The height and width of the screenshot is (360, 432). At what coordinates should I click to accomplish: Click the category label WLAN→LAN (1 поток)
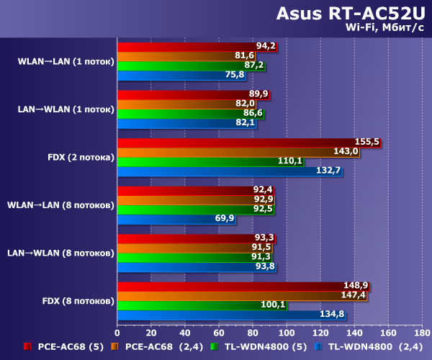pyautogui.click(x=66, y=61)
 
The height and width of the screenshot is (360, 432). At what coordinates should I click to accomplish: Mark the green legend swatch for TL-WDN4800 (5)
pyautogui.click(x=214, y=346)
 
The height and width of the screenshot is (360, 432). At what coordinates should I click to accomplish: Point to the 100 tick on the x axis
pyautogui.click(x=287, y=333)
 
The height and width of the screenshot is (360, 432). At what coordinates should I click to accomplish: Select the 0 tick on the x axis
pyautogui.click(x=117, y=333)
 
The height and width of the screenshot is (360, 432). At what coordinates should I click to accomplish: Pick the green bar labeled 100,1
pyautogui.click(x=202, y=305)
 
